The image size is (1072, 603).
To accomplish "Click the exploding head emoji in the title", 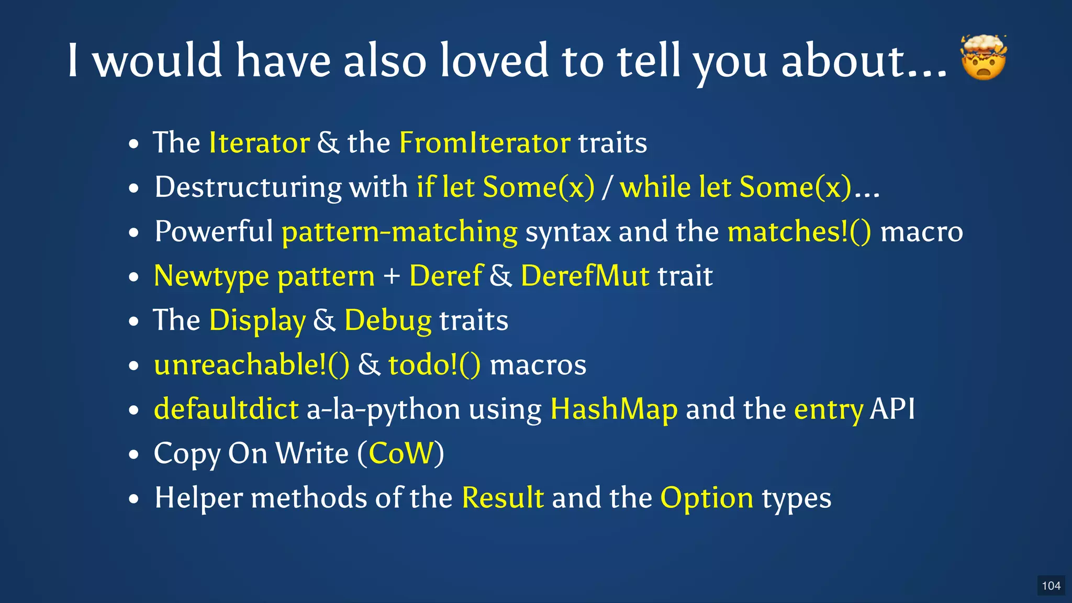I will pos(984,58).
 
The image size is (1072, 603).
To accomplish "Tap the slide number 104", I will pos(1051,586).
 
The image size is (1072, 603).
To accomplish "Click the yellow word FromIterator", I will pos(484,142).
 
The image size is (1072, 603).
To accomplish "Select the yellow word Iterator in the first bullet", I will pos(259,142).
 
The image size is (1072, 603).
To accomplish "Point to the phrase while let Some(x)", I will pos(735,187).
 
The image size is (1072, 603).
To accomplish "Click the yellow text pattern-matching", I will pos(399,232).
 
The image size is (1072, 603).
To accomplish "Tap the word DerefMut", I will pos(585,276).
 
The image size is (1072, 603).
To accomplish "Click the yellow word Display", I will pos(257,320).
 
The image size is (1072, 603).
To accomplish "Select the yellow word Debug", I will pos(387,320).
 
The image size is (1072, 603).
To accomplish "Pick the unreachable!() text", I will pos(251,364).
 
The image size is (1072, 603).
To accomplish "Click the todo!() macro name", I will pos(434,364).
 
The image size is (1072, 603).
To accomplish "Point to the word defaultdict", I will pos(226,409).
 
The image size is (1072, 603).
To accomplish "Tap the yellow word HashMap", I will pos(613,409).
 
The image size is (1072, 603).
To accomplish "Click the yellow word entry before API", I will pos(828,410).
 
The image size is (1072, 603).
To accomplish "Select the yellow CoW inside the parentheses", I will pos(401,453).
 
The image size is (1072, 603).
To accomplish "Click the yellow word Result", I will pos(502,497).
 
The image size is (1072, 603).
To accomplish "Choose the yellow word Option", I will pos(707,498).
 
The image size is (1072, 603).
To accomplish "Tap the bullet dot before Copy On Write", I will pos(134,454).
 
